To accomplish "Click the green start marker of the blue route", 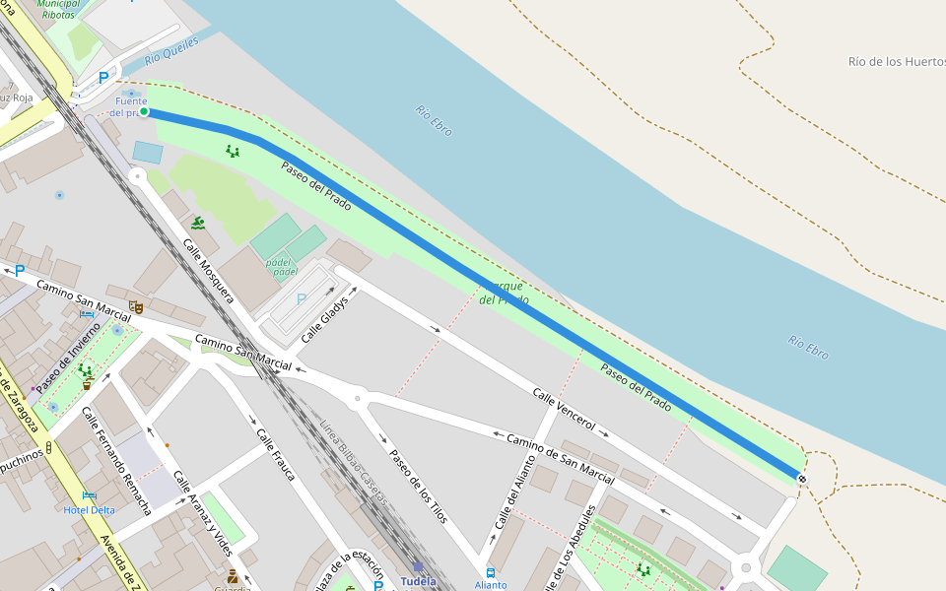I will tap(144, 112).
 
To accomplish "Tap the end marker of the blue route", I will tap(802, 479).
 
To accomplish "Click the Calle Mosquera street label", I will tap(208, 269).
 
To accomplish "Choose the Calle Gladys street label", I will tap(325, 318).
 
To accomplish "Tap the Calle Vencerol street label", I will tap(564, 409).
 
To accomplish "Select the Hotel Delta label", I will tap(89, 509).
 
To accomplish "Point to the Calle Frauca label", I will tap(275, 454).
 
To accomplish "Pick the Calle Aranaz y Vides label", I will tap(202, 513).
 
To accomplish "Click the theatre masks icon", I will tap(136, 307).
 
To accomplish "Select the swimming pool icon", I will tap(198, 224).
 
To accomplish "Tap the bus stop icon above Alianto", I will tap(491, 572).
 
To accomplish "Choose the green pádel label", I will tap(281, 267).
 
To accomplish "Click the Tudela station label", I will tap(418, 581).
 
